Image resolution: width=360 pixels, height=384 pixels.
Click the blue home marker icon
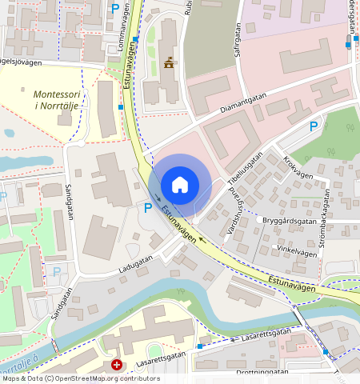pos(180,185)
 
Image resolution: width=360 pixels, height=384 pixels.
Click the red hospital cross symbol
pos(117,365)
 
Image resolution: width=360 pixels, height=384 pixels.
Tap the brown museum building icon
pos(169,63)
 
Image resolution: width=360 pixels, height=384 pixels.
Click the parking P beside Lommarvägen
pos(115,9)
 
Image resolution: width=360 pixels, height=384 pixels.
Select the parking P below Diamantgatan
pos(314,126)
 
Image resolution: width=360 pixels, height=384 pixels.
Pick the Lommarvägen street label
pos(123,33)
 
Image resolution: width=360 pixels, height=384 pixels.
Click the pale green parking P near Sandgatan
pos(57,271)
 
